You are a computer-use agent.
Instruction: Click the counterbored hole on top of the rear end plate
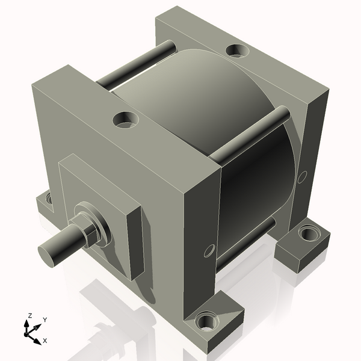[238, 51]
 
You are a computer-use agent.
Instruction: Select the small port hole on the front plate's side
[209, 250]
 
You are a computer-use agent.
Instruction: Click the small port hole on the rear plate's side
[303, 176]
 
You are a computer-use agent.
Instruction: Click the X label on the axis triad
[45, 341]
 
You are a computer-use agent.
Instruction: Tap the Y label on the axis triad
[45, 320]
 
